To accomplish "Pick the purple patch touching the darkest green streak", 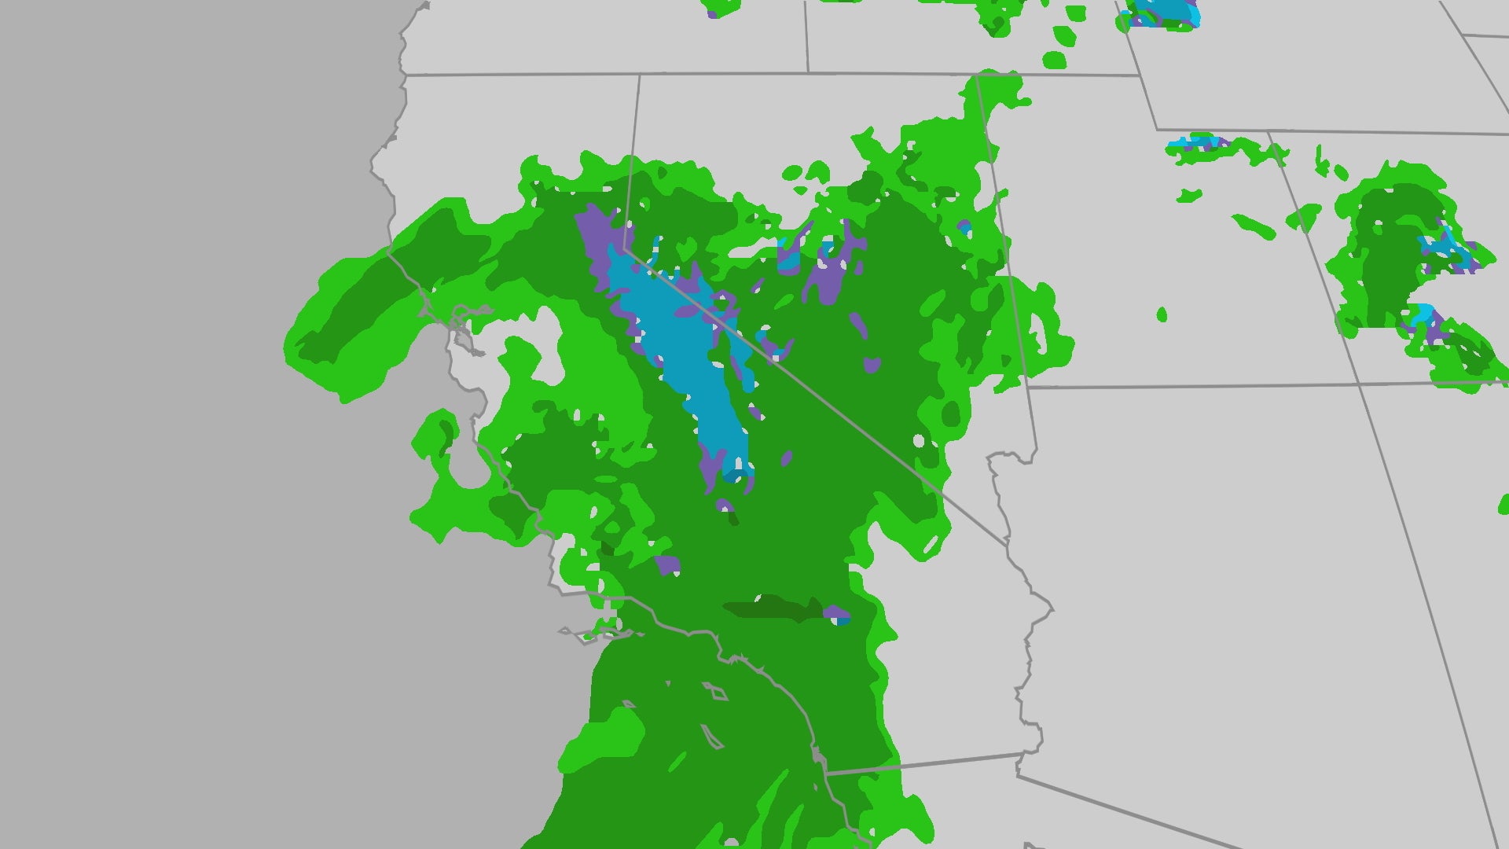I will tap(835, 612).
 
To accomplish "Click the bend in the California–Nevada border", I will tap(625, 248).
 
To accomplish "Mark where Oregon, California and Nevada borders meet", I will tap(639, 75).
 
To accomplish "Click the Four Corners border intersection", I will tap(1360, 384).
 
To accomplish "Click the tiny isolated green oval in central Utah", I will tap(1162, 315).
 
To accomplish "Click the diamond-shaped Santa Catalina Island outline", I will tap(716, 692).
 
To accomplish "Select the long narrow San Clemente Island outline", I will tap(711, 737).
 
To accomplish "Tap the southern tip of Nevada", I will tap(1008, 542).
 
